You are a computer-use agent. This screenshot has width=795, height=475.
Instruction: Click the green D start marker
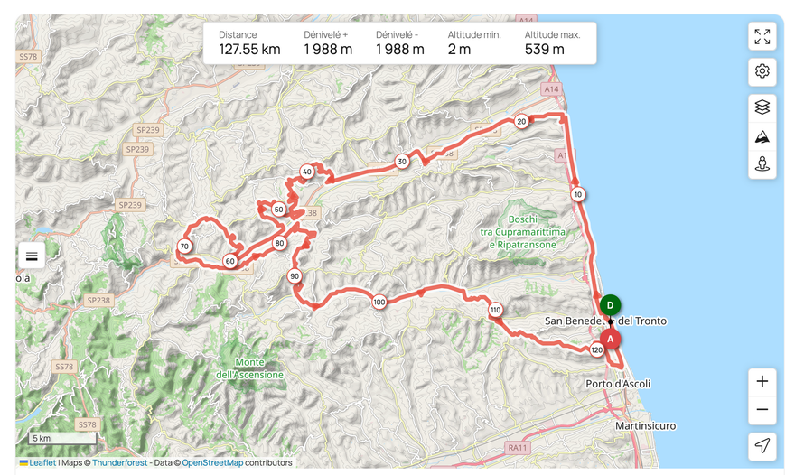pyautogui.click(x=611, y=306)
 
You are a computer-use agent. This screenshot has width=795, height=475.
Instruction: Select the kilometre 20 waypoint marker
pyautogui.click(x=521, y=121)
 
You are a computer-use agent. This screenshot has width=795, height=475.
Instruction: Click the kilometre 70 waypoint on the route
pyautogui.click(x=184, y=247)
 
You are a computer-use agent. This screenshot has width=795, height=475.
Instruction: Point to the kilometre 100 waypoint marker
pyautogui.click(x=379, y=303)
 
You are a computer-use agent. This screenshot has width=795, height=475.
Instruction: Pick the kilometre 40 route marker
pyautogui.click(x=307, y=172)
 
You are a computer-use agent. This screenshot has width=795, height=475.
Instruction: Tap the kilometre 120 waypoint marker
pyautogui.click(x=596, y=349)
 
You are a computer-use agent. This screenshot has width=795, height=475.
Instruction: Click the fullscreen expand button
pyautogui.click(x=762, y=36)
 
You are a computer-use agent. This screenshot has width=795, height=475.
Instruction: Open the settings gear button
pyautogui.click(x=762, y=71)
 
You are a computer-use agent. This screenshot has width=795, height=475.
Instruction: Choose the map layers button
pyautogui.click(x=762, y=107)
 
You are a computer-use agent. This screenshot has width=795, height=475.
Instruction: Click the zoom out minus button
pyautogui.click(x=762, y=409)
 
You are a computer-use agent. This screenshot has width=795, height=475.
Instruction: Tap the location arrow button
pyautogui.click(x=762, y=445)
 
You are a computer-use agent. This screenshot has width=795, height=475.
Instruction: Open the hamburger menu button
pyautogui.click(x=32, y=256)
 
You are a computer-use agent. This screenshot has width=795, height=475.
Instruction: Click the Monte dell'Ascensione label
pyautogui.click(x=250, y=368)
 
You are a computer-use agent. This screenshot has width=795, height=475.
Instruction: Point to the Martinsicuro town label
pyautogui.click(x=645, y=425)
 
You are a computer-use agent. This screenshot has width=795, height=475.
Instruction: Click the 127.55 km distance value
pyautogui.click(x=249, y=50)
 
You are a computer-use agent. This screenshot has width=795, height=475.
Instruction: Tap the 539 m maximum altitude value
pyautogui.click(x=545, y=50)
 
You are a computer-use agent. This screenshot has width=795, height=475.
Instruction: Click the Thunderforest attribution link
pyautogui.click(x=119, y=463)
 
